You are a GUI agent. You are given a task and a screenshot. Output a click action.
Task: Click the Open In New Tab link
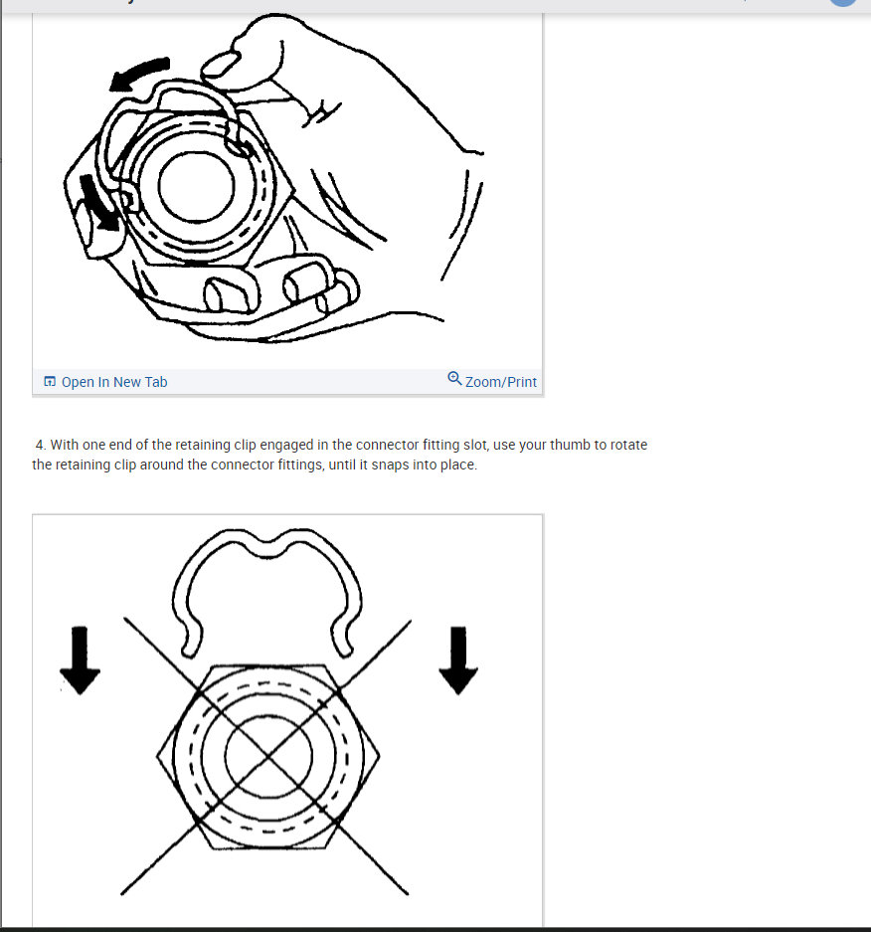click(x=113, y=382)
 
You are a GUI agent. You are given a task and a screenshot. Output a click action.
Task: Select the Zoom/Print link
click(x=500, y=382)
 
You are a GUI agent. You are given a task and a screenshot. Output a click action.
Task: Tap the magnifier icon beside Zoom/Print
click(x=454, y=379)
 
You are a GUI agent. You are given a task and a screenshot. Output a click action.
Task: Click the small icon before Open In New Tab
click(x=49, y=382)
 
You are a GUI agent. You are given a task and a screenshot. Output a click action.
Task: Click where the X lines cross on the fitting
click(x=265, y=755)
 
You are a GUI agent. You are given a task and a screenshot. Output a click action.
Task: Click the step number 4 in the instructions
click(x=40, y=446)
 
